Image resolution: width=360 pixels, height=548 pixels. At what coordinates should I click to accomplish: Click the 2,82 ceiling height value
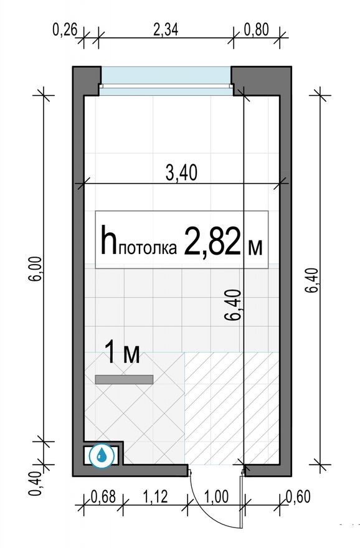click(x=212, y=243)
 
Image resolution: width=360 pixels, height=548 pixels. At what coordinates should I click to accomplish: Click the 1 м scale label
click(x=121, y=354)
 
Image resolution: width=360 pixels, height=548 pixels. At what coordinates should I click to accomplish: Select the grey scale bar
click(x=124, y=378)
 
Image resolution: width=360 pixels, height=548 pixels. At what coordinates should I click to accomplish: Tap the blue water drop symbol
click(x=100, y=455)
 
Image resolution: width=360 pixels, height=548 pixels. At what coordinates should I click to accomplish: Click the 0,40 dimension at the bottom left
click(x=36, y=483)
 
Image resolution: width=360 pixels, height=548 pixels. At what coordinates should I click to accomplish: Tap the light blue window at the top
click(x=166, y=76)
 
